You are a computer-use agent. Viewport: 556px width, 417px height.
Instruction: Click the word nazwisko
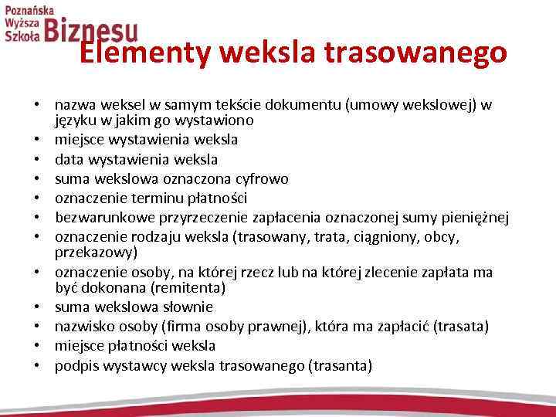click(83, 326)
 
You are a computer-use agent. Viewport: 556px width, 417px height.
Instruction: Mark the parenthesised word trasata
click(461, 326)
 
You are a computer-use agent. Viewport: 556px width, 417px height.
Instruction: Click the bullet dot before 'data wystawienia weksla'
click(36, 160)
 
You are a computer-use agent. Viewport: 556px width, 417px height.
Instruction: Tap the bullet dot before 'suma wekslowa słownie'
click(36, 307)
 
